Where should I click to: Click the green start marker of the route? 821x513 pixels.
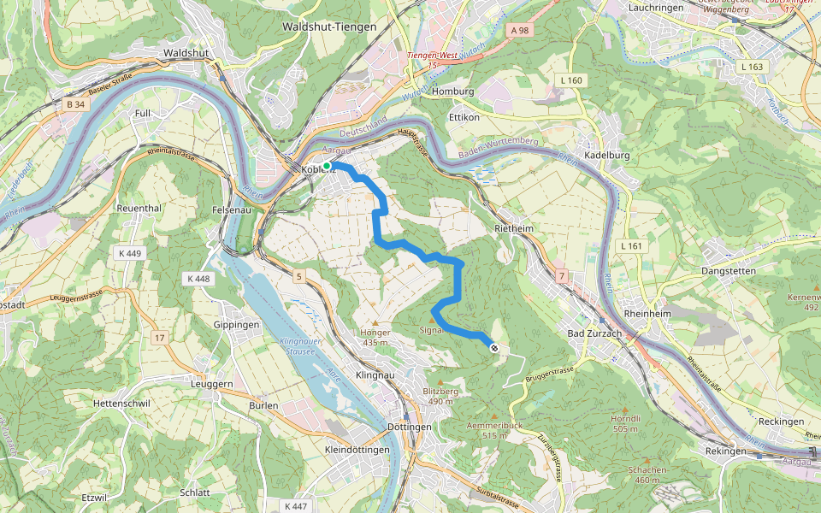point(327,166)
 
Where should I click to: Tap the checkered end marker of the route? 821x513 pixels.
point(493,347)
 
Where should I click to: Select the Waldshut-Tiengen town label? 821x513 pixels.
point(328,27)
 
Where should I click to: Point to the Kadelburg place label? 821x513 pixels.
point(606,156)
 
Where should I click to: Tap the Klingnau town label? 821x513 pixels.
point(377,375)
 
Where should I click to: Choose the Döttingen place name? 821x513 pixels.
point(409,427)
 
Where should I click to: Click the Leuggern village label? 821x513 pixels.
point(210,385)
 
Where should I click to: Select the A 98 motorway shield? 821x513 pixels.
point(520,30)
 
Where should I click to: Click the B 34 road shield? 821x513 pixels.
point(76,104)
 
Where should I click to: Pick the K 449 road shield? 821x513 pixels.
point(130,253)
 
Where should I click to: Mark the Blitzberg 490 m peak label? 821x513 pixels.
point(440,396)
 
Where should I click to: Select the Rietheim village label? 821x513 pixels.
point(514,228)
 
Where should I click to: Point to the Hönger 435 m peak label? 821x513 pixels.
point(375,337)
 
